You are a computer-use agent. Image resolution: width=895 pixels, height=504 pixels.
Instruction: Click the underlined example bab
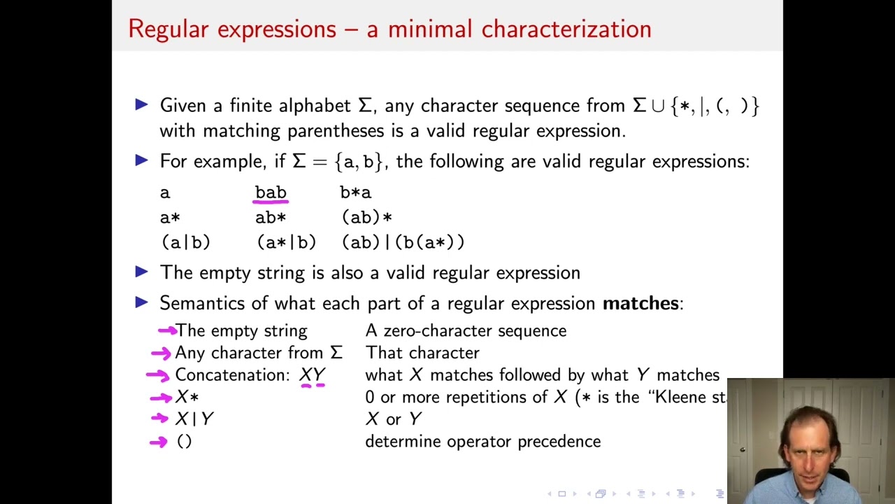271,192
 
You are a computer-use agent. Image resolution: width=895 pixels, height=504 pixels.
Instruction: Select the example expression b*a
355,192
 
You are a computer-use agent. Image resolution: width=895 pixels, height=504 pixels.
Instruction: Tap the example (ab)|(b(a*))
403,242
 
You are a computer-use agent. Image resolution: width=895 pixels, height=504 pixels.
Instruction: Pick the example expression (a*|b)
286,242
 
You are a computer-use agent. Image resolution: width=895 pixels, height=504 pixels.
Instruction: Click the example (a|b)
185,242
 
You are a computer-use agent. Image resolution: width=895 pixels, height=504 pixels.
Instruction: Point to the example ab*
271,218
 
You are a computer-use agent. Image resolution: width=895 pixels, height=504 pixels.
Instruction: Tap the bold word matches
640,303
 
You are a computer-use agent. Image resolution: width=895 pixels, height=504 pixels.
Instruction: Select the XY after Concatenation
312,375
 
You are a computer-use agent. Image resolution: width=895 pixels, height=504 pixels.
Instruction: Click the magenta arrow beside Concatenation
158,376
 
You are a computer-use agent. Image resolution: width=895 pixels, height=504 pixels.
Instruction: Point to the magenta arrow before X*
161,398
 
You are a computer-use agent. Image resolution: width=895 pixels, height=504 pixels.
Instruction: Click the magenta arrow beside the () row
159,442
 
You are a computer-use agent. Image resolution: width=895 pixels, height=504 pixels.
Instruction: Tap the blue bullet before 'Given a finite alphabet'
141,105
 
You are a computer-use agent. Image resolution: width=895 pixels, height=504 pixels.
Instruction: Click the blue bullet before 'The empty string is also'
141,272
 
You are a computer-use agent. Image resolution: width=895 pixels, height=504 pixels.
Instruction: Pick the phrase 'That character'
422,353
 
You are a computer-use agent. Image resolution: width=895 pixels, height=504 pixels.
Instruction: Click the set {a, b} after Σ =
359,162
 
